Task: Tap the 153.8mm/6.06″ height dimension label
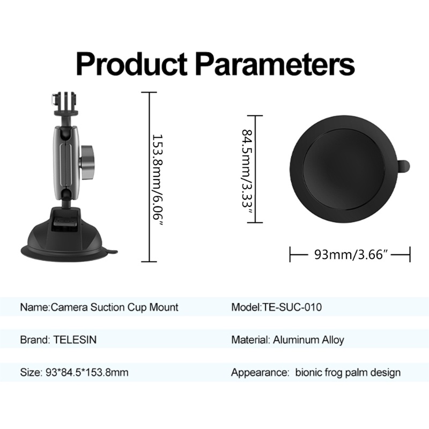click(156, 177)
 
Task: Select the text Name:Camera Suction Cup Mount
click(99, 307)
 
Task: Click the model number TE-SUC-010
click(292, 307)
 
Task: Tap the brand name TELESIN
click(76, 339)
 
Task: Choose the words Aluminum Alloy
click(309, 339)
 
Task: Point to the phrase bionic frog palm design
click(348, 372)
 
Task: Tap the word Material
click(249, 339)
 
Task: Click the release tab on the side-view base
click(112, 250)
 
